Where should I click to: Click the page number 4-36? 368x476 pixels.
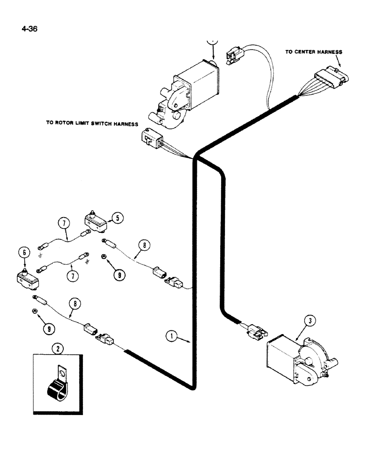[x=29, y=28]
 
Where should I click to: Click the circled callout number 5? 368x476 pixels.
[x=117, y=218]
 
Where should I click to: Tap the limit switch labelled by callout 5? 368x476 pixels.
[x=95, y=220]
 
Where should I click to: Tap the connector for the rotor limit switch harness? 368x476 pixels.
[x=149, y=139]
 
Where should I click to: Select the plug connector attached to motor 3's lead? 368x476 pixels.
[x=255, y=330]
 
